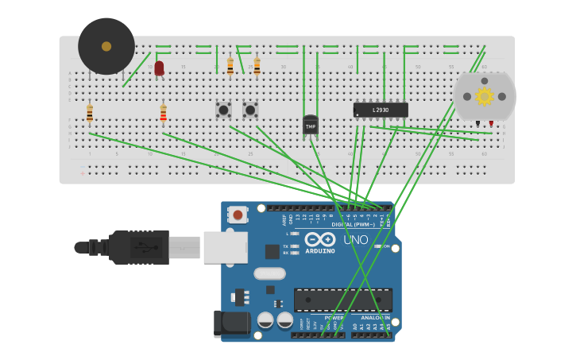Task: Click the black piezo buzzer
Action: pos(106,46)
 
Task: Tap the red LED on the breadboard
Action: pos(159,68)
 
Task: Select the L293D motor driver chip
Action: pos(381,110)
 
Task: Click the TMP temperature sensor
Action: pos(311,125)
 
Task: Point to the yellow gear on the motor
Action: pos(484,96)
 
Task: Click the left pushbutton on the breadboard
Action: pos(223,110)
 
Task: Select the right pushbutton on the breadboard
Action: pos(250,110)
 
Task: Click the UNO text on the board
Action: pos(355,239)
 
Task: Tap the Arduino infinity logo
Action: pos(319,239)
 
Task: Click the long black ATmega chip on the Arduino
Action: pos(342,300)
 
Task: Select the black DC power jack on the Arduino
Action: pos(231,323)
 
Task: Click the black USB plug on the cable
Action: pos(139,247)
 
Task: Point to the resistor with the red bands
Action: pos(164,114)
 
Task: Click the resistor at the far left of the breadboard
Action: pos(90,114)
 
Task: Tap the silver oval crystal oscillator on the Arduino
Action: pos(269,273)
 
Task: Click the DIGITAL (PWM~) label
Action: pos(353,224)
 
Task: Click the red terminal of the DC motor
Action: pos(491,123)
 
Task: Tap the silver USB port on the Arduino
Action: pos(225,247)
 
